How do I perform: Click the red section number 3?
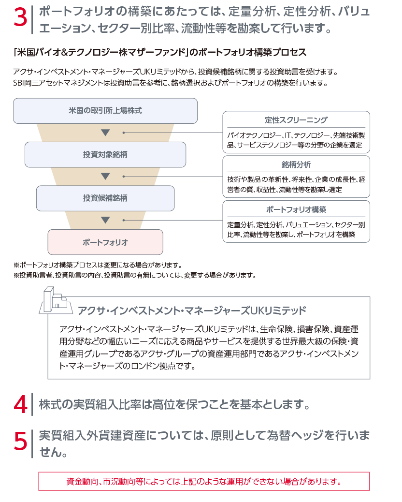pos(20,18)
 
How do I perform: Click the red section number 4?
pos(20,404)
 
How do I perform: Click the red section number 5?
pos(20,442)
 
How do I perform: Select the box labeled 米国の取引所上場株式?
pos(105,111)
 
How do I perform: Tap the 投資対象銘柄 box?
pos(105,155)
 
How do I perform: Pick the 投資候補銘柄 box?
pos(105,198)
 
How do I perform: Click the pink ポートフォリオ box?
pos(105,242)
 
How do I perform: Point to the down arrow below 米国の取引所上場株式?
pos(105,133)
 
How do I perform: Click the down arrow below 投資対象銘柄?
pos(105,177)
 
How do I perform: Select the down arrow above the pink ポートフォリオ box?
pos(105,220)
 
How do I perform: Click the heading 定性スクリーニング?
pos(296,120)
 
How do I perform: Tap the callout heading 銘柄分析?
pos(296,165)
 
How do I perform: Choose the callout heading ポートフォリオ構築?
pos(296,210)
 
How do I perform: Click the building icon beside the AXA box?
pos(54,300)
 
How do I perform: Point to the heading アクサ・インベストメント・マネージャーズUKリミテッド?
pos(192,310)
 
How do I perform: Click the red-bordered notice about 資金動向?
pos(204,481)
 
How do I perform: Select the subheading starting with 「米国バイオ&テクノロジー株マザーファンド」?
pos(160,52)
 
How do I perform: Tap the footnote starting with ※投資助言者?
pos(135,275)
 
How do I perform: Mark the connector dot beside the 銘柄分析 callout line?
pos(124,177)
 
